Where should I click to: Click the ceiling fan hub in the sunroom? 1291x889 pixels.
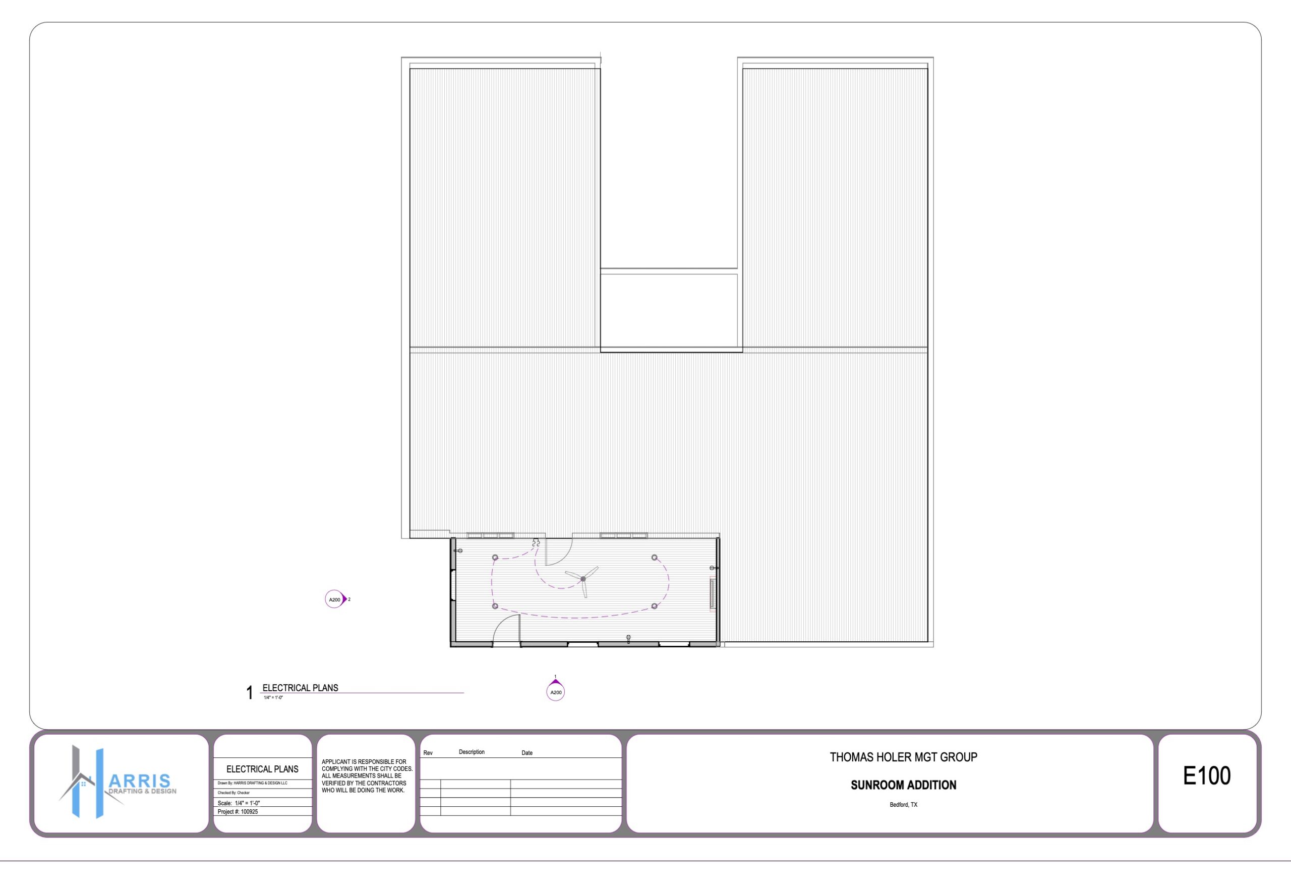click(583, 579)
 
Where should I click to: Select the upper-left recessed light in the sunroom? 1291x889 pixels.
click(495, 558)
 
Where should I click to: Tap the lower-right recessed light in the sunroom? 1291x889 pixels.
click(654, 606)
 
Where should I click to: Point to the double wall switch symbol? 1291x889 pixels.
click(536, 542)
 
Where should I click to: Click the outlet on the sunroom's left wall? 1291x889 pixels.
click(458, 551)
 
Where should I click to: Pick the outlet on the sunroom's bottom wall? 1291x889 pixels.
click(628, 638)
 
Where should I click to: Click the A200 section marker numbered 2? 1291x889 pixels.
click(336, 599)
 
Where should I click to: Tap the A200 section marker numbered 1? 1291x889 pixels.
click(556, 690)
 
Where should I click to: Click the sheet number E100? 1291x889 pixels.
click(1206, 776)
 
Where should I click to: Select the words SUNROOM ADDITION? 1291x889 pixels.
click(903, 786)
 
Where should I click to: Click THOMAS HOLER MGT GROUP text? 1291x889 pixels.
click(903, 757)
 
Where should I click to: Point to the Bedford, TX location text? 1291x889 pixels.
click(903, 805)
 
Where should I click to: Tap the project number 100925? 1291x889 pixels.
click(250, 812)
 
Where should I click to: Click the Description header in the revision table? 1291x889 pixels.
click(472, 752)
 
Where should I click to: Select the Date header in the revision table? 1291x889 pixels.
click(526, 753)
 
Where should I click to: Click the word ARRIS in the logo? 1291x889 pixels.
click(140, 781)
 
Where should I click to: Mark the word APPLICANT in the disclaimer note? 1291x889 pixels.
click(336, 762)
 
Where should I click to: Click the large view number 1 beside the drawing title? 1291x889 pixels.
click(250, 693)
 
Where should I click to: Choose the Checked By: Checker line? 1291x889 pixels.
click(234, 793)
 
